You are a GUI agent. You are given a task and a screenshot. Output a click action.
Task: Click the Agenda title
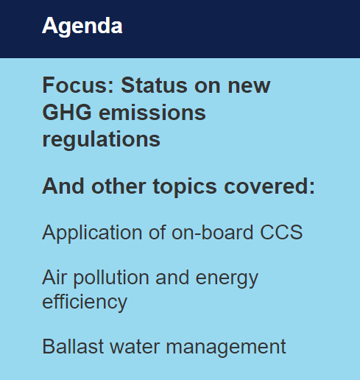point(82,27)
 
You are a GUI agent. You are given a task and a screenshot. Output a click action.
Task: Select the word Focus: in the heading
point(78,85)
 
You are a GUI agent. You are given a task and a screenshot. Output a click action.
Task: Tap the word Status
point(154,85)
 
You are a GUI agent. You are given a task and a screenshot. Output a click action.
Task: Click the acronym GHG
point(67,112)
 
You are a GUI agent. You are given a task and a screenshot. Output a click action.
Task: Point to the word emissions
point(152,112)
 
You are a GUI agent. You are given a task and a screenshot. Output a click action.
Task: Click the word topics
point(185,187)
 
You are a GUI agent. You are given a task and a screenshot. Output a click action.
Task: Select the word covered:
point(269,186)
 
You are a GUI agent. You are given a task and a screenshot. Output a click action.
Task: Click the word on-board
point(213,232)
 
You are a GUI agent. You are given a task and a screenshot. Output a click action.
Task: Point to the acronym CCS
point(281,232)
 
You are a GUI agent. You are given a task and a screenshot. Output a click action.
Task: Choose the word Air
point(54,278)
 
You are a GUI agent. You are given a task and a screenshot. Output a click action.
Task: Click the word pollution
point(111,278)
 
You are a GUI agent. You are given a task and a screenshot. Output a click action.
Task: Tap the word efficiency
point(85,303)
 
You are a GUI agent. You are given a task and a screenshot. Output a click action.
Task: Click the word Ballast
point(73,346)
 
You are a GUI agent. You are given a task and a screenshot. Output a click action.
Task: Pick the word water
point(135,347)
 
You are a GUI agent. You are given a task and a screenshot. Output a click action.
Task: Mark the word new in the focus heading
point(249,86)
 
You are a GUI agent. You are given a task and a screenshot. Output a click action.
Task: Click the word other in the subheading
point(119,186)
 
